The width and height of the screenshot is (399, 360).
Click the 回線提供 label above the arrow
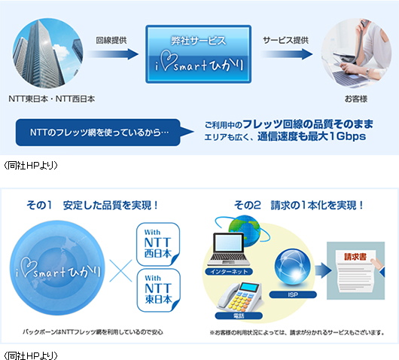111,40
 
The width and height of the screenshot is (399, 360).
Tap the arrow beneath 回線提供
113,54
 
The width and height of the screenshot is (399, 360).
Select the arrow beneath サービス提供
287,54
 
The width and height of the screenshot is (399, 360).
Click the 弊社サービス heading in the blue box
198,41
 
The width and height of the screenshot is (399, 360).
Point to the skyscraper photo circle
48,53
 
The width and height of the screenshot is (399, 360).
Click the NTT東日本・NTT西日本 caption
52,99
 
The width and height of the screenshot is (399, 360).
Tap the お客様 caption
356,99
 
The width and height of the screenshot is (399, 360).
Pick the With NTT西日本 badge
158,244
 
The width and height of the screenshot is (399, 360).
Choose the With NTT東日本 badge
159,290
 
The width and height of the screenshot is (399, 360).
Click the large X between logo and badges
121,270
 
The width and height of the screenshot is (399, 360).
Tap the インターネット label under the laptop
229,272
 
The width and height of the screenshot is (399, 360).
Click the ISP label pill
293,294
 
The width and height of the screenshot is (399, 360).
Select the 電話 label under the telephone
239,316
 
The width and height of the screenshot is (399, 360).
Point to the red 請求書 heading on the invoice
355,257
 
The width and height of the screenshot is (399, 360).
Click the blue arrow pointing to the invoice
323,270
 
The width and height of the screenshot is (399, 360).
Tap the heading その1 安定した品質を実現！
92,205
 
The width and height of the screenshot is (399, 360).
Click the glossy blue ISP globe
293,267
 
